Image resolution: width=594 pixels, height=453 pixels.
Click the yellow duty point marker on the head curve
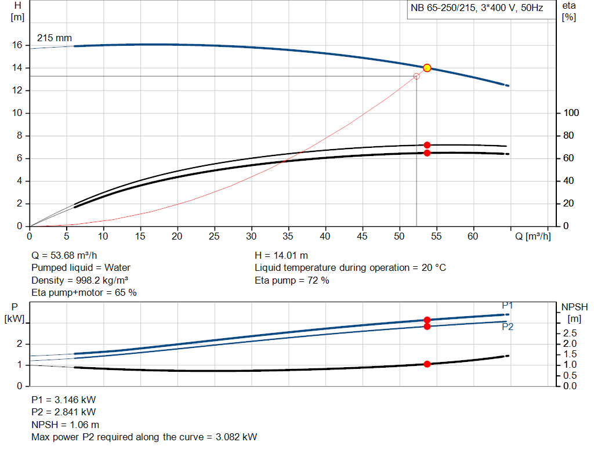coord(427,68)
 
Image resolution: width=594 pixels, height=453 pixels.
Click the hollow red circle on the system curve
coord(416,76)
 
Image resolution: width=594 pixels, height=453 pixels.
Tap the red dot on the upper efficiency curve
coord(427,145)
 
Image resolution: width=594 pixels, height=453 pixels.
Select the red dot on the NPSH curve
coord(427,364)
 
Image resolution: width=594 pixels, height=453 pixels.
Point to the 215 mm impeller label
coord(55,38)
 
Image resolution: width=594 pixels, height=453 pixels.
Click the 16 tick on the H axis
coord(17,45)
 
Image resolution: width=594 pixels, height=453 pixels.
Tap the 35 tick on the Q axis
coord(288,236)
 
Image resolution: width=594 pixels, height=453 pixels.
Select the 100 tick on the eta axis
coord(571,113)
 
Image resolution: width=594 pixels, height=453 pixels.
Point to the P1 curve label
coord(507,305)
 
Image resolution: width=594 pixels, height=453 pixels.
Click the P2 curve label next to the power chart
coord(508,327)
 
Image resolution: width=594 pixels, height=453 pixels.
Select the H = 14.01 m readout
coord(281,255)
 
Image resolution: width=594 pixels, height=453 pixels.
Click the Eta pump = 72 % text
coord(292,281)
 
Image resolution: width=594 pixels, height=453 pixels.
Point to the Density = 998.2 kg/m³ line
coord(79,281)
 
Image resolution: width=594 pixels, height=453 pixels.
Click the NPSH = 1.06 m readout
coord(65,425)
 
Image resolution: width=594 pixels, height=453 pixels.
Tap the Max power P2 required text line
coord(144,437)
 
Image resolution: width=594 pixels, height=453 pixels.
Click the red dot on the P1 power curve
coord(427,320)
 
